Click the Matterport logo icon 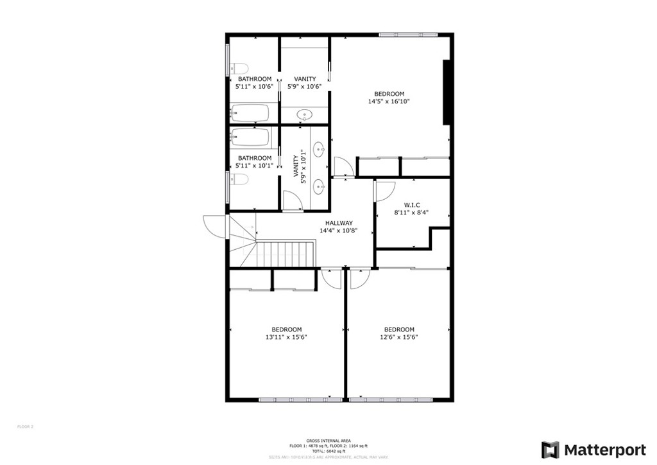pos(550,450)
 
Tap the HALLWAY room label pos(338,223)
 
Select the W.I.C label pos(411,205)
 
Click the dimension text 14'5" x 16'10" pos(389,101)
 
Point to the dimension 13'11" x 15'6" pos(286,337)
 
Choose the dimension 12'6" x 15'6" pos(399,337)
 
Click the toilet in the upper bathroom pos(239,68)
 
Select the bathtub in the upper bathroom pos(250,113)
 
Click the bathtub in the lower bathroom pos(251,137)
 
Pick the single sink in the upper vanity pos(305,115)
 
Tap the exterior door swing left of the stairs pos(214,226)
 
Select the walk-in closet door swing pos(384,191)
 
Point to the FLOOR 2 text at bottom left pos(25,426)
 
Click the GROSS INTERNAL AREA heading pos(328,441)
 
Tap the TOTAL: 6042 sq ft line pos(328,450)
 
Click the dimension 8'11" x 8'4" pos(411,213)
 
